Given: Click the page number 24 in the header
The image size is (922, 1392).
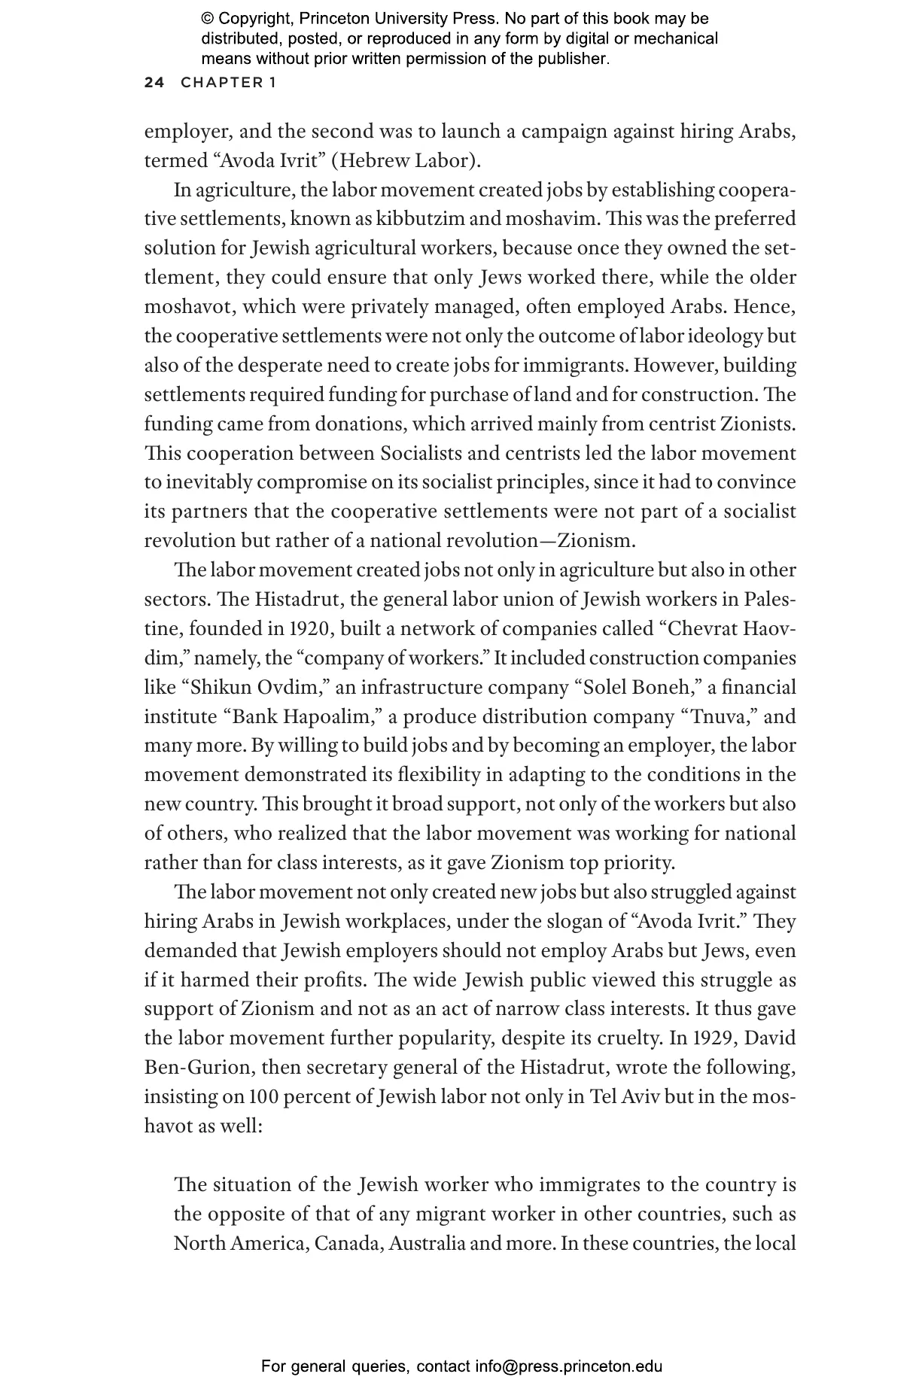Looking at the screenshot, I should [x=154, y=83].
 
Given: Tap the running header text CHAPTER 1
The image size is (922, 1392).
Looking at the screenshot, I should [x=228, y=83].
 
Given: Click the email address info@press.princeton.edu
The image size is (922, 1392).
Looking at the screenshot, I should [x=568, y=1366].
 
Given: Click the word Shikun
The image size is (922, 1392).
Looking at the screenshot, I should [x=222, y=687].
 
